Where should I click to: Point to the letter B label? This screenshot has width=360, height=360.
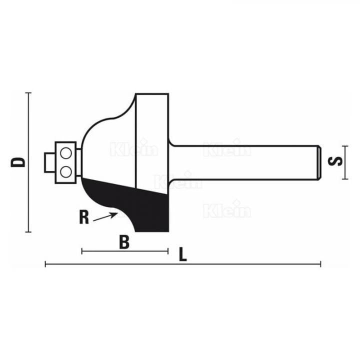[x=124, y=242]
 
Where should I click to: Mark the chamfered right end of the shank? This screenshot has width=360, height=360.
[x=318, y=162]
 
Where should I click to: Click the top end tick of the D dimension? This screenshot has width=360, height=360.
[x=29, y=93]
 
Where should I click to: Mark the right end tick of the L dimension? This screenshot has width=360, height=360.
[x=320, y=264]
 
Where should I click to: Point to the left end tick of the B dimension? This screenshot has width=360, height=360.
[x=82, y=250]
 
